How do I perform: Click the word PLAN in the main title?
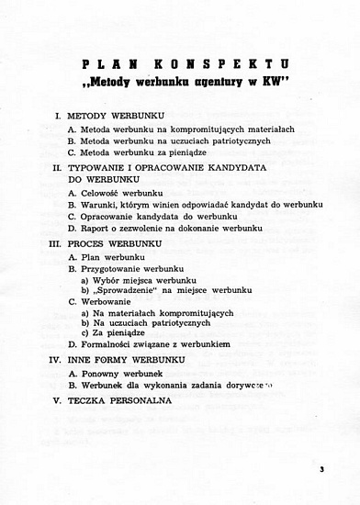104,64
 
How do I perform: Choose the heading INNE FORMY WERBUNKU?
127,360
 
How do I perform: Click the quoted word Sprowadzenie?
132,290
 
